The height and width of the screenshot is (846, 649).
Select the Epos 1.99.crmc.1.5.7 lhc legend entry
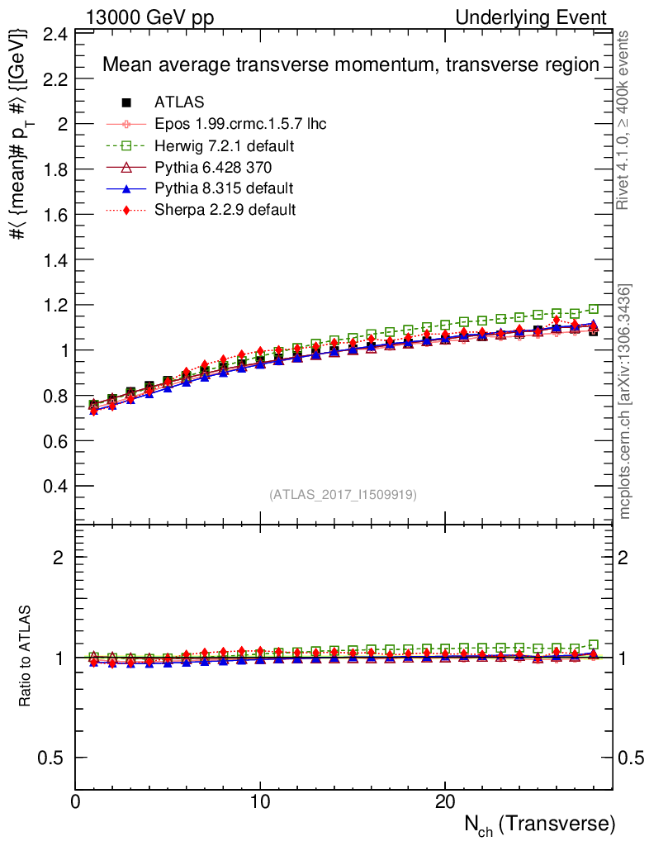[x=240, y=124]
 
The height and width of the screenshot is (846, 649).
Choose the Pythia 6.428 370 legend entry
[x=213, y=168]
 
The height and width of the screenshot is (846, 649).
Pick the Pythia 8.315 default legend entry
[x=224, y=188]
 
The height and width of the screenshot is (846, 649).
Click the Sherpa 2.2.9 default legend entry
[x=225, y=210]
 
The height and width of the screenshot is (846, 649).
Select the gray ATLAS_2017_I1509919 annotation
[x=343, y=495]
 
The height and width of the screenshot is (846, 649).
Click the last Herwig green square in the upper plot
[x=594, y=309]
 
